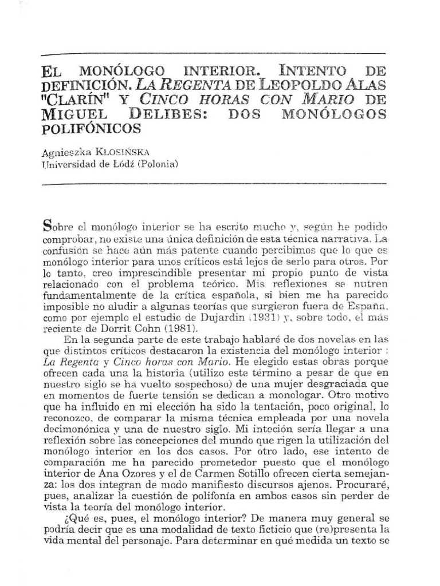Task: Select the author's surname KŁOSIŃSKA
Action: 130,151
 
